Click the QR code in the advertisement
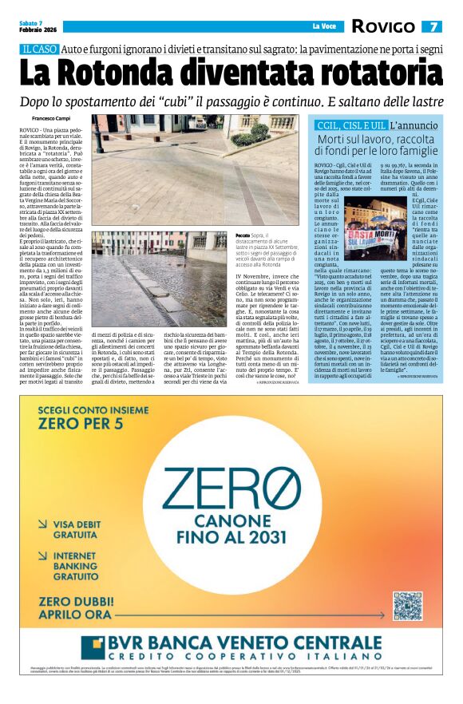coord(407,606)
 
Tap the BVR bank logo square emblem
coord(94,647)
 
